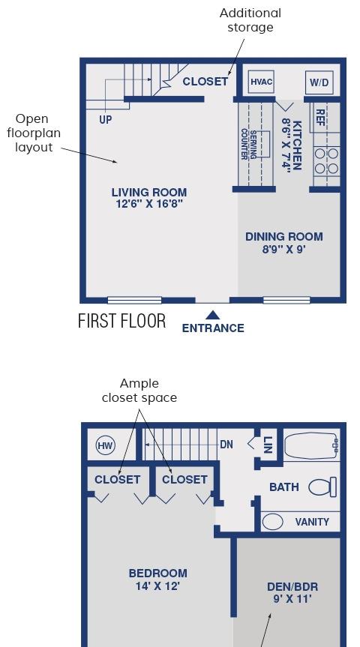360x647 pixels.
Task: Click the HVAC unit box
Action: click(262, 81)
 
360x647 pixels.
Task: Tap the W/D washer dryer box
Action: click(319, 82)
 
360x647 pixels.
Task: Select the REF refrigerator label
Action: click(319, 117)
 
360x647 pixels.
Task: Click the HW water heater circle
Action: click(105, 445)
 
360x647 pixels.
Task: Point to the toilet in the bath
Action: click(322, 487)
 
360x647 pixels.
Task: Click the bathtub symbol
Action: click(312, 445)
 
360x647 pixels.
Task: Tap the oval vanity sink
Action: click(273, 522)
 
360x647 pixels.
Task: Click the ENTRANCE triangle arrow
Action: click(212, 315)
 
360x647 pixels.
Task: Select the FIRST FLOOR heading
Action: click(121, 321)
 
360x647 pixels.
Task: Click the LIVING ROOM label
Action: click(149, 192)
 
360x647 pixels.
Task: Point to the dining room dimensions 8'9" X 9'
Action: click(284, 249)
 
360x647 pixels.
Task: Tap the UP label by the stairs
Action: click(105, 120)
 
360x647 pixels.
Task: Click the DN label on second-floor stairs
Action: click(226, 445)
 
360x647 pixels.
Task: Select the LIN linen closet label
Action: click(268, 445)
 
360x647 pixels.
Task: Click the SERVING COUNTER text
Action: click(249, 145)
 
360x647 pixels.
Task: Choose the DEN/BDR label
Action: click(292, 587)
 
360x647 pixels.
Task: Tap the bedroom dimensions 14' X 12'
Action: click(157, 586)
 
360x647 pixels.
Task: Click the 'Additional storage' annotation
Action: click(250, 19)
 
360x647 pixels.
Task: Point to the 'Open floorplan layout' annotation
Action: click(34, 133)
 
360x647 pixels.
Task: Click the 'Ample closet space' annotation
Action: click(139, 391)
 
